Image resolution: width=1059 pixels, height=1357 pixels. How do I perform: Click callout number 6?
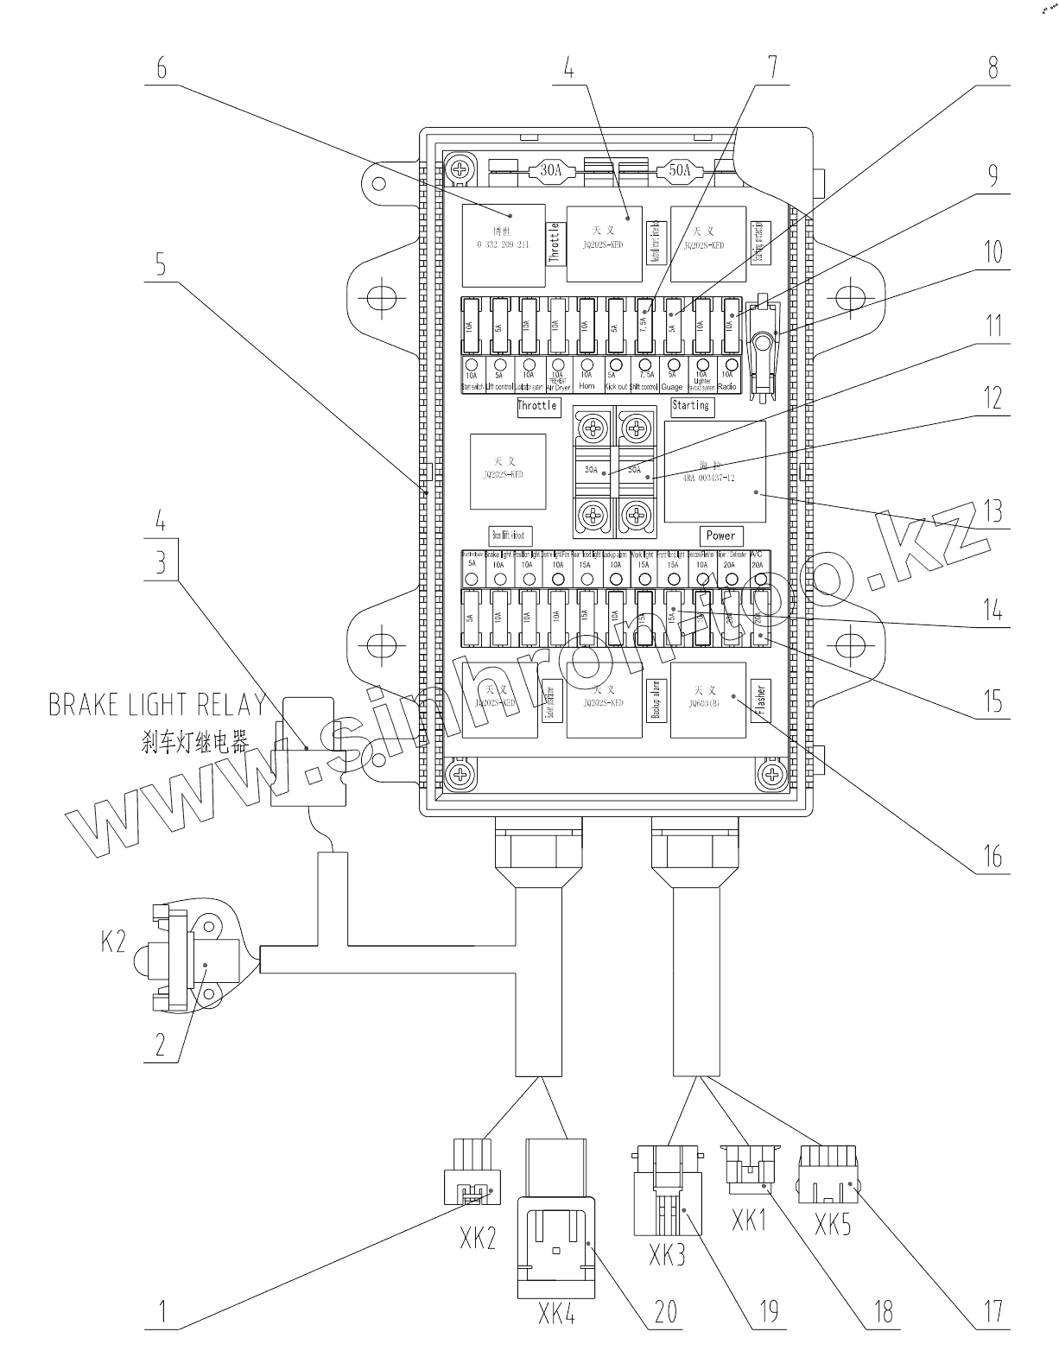pyautogui.click(x=161, y=68)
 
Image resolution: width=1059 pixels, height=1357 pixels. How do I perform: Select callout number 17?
pyautogui.click(x=992, y=1311)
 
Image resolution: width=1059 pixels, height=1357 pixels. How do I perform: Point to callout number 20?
pyautogui.click(x=665, y=1311)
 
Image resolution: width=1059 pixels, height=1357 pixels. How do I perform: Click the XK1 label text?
pyautogui.click(x=749, y=1221)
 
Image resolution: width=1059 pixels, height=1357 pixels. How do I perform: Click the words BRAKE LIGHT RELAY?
pyautogui.click(x=156, y=705)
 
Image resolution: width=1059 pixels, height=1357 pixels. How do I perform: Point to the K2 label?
pyautogui.click(x=113, y=941)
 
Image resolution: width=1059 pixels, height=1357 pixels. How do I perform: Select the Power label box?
pyautogui.click(x=720, y=536)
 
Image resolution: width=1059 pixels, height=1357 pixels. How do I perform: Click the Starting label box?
pyautogui.click(x=691, y=405)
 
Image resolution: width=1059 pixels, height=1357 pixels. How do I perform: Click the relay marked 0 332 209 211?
pyautogui.click(x=504, y=245)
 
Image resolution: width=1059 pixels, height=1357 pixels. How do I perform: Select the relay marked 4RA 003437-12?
pyautogui.click(x=715, y=472)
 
